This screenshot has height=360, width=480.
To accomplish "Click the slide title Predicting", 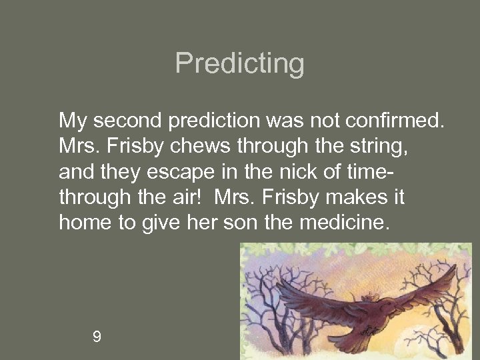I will tap(239, 64).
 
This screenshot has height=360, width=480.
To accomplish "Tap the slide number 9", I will tap(97, 337).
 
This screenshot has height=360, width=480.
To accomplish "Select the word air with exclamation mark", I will tap(193, 197).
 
